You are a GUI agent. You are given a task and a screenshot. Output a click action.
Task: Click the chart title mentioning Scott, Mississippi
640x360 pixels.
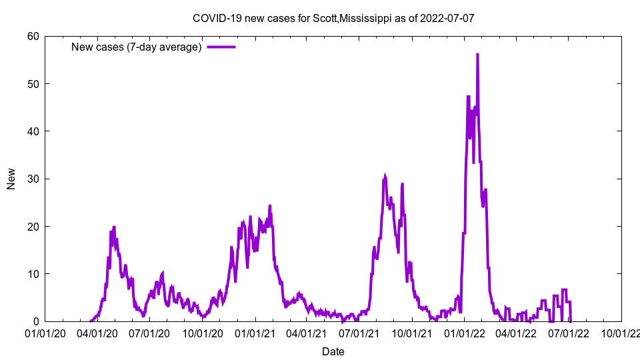[333, 18]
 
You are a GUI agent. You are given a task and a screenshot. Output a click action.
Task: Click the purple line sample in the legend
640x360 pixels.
[221, 47]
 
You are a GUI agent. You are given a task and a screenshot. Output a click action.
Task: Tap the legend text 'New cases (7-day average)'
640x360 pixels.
[137, 47]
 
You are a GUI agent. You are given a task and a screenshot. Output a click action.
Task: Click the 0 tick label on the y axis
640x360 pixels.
[35, 321]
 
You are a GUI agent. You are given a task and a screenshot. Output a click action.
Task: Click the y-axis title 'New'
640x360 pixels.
[11, 179]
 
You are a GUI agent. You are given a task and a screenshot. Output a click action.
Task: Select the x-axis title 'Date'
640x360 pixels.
[333, 351]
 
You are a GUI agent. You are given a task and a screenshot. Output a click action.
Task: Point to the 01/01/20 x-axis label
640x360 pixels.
[45, 333]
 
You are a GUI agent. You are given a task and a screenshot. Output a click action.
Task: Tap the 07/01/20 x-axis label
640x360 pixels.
[149, 333]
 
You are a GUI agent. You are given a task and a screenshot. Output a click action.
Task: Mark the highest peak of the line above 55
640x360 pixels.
[477, 55]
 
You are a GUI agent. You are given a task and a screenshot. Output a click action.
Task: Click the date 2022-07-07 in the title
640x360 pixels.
[447, 18]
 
